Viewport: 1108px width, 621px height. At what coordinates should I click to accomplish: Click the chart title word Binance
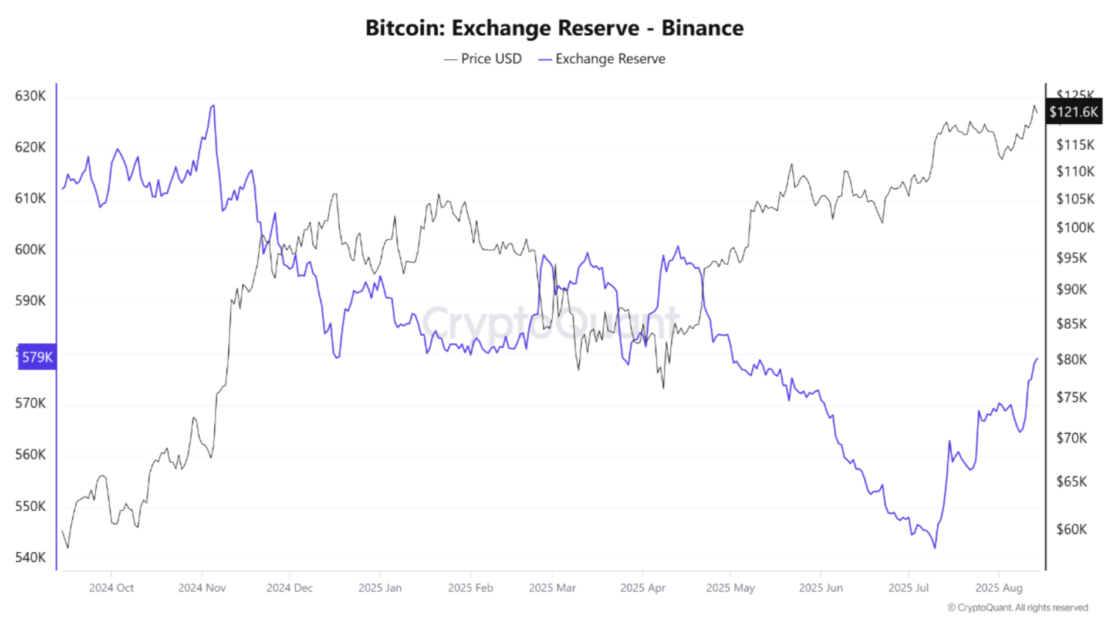point(702,28)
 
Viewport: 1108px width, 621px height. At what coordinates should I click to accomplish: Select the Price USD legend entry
point(483,59)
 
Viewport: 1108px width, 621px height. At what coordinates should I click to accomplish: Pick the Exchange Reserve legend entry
point(602,59)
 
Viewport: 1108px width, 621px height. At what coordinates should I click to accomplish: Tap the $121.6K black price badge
point(1073,112)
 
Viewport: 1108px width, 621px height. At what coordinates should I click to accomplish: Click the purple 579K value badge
point(37,357)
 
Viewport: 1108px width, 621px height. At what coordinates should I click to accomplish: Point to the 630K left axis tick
point(30,96)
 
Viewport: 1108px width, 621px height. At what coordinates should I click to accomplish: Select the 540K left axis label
point(30,557)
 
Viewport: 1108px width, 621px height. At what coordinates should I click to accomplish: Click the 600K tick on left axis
point(30,249)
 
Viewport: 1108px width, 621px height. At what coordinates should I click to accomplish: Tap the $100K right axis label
point(1075,227)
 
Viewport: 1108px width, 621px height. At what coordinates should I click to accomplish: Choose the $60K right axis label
point(1071,529)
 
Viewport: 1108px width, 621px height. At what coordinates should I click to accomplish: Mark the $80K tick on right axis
point(1071,359)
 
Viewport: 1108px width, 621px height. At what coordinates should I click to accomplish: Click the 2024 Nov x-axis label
point(202,588)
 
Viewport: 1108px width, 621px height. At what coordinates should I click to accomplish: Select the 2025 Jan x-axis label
point(380,588)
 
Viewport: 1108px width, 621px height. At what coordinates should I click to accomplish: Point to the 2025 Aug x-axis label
point(998,588)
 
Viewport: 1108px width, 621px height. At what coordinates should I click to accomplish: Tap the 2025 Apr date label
point(643,588)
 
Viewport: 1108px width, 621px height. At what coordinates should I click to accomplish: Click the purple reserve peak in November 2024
point(213,106)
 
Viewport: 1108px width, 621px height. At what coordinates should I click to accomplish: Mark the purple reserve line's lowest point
point(934,548)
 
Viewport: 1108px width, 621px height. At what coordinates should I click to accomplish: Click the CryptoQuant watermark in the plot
point(550,322)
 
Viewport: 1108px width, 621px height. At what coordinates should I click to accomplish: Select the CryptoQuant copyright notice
point(1017,607)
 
